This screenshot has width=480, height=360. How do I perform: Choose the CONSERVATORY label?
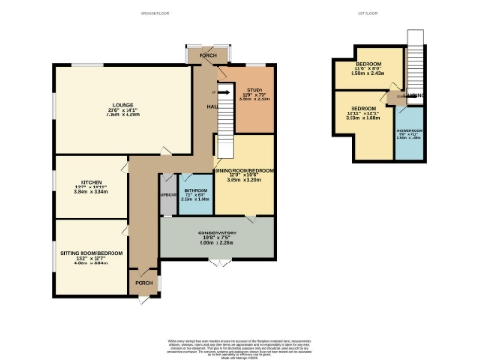217,232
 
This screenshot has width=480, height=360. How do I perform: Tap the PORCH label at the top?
207,56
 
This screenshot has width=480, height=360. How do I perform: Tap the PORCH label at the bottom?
144,281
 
